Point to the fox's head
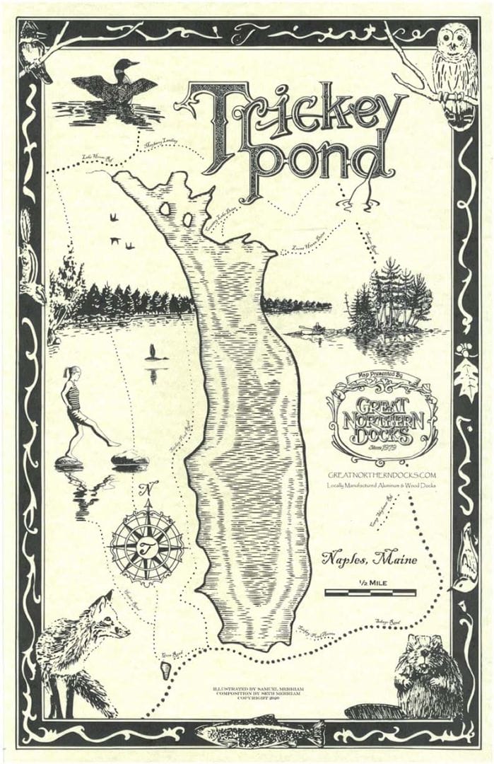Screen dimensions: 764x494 click(x=106, y=615)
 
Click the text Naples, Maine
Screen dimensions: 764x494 click(x=369, y=559)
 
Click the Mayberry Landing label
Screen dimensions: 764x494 click(x=160, y=144)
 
